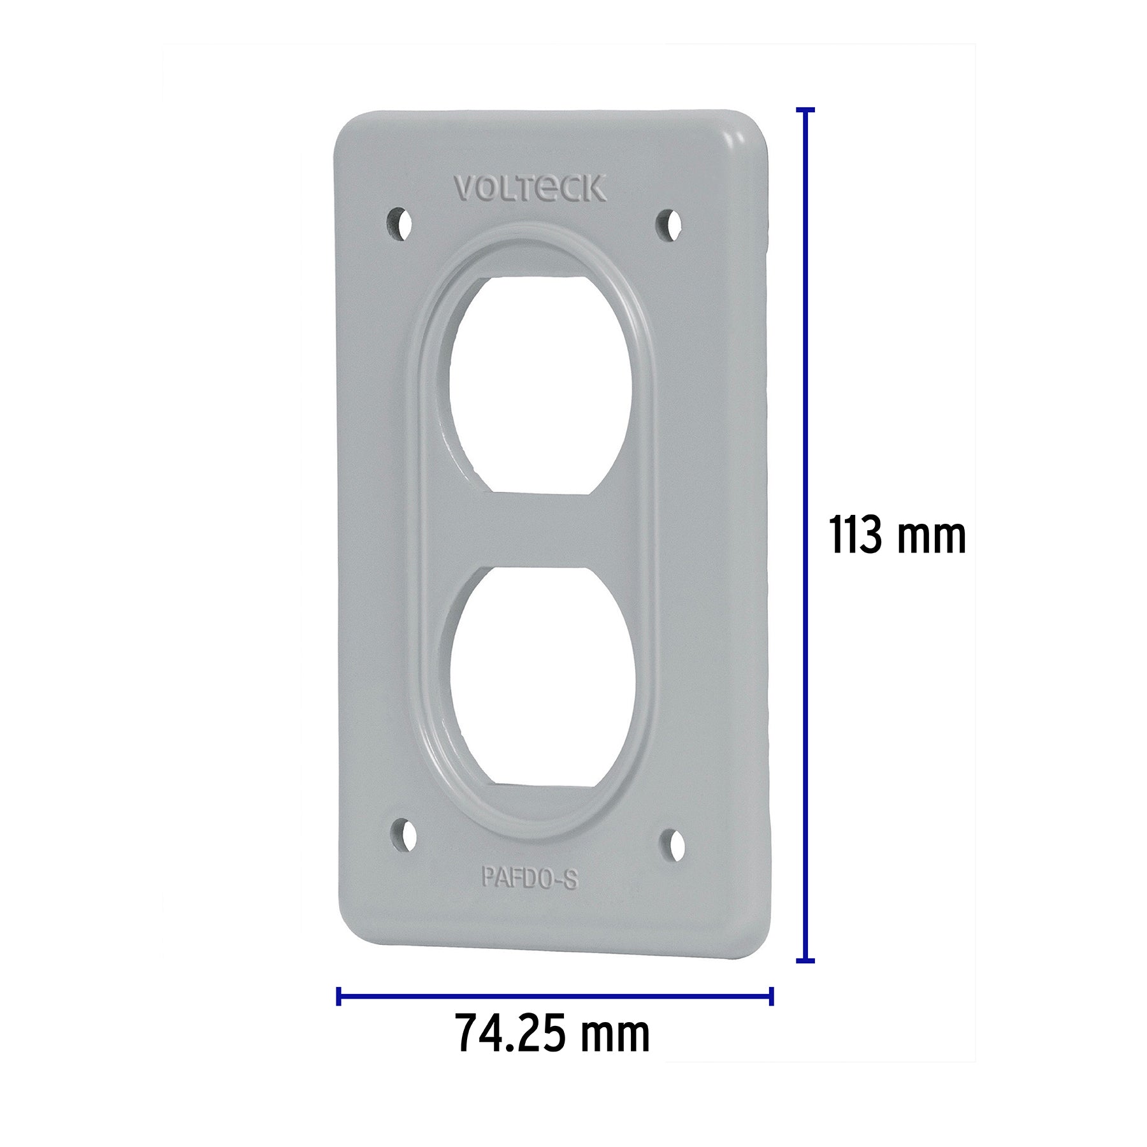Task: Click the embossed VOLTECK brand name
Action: [530, 189]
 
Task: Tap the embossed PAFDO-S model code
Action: [530, 878]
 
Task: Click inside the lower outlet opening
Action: [542, 682]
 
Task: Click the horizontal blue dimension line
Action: [554, 996]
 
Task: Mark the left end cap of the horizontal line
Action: [338, 996]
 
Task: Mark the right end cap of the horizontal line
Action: [772, 996]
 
